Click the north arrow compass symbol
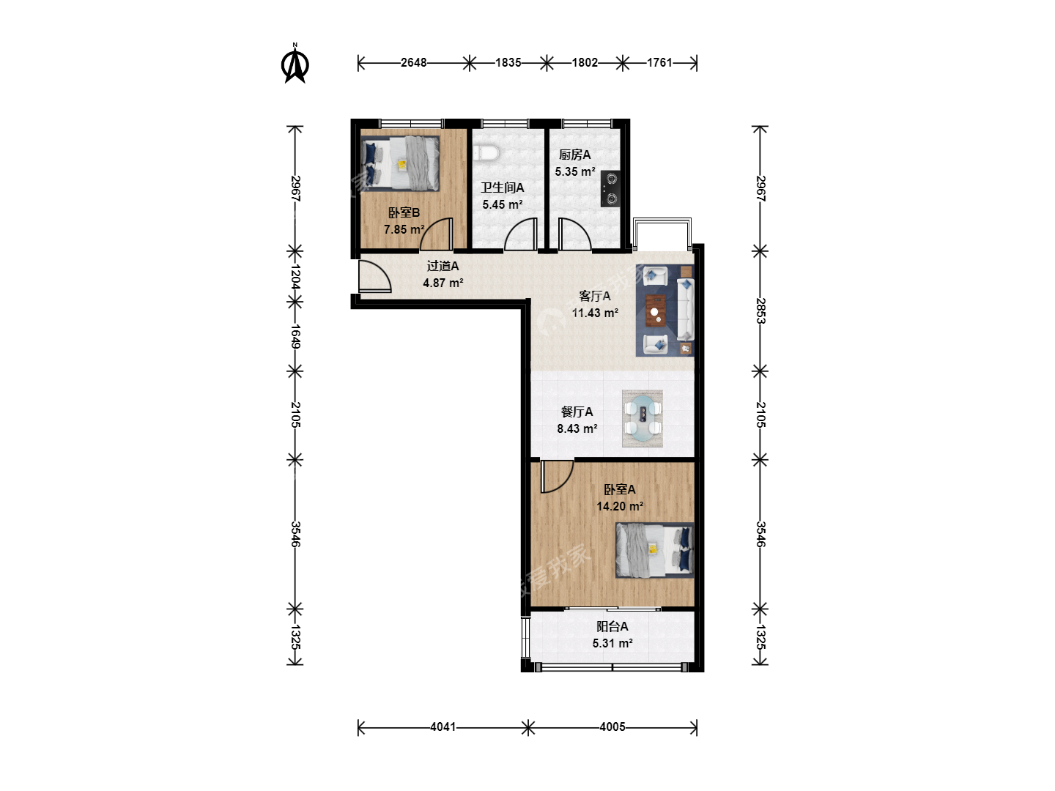pyautogui.click(x=295, y=64)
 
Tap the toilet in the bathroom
pyautogui.click(x=487, y=153)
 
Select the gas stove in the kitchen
pyautogui.click(x=610, y=188)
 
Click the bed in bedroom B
pyautogui.click(x=400, y=163)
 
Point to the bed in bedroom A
pyautogui.click(x=655, y=550)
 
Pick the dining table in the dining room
pyautogui.click(x=643, y=418)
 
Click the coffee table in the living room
pyautogui.click(x=655, y=311)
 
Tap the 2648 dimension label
pyautogui.click(x=413, y=63)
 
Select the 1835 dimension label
pyautogui.click(x=508, y=63)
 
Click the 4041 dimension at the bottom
pyautogui.click(x=443, y=727)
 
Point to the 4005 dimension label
pyautogui.click(x=612, y=727)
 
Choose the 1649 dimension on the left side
pyautogui.click(x=295, y=337)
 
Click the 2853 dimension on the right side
pyautogui.click(x=760, y=311)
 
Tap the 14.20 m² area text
pyautogui.click(x=620, y=506)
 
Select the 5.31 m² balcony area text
pyautogui.click(x=612, y=643)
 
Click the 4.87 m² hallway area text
pyautogui.click(x=443, y=283)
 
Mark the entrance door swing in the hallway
pyautogui.click(x=375, y=276)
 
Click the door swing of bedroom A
pyautogui.click(x=557, y=476)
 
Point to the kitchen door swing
pyautogui.click(x=574, y=234)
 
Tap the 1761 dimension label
pyautogui.click(x=659, y=63)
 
